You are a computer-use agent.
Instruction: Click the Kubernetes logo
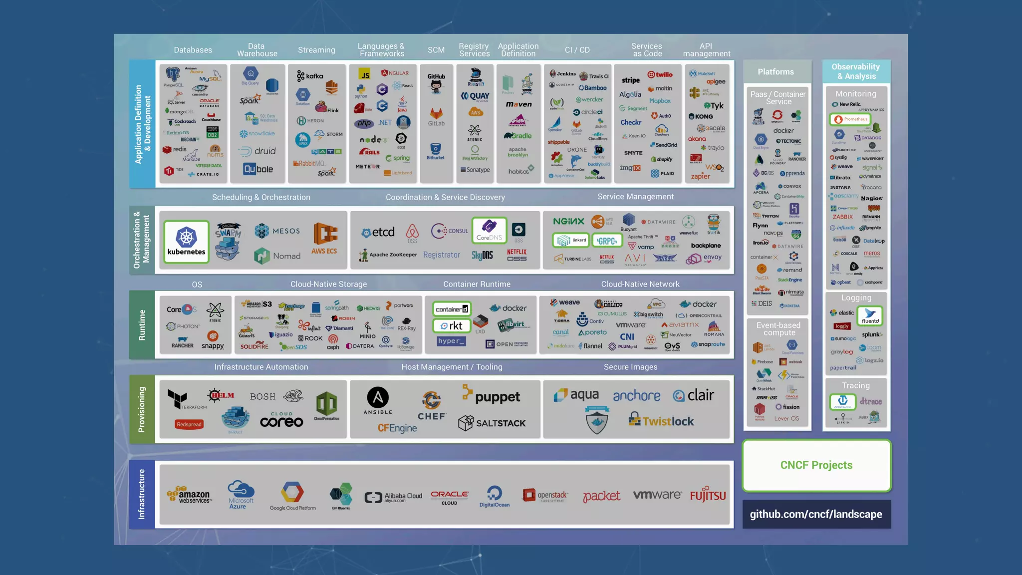(x=186, y=242)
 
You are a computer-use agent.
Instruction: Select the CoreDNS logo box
(x=489, y=230)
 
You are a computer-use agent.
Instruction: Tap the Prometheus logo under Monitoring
(x=850, y=119)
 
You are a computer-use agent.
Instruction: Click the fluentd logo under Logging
(x=870, y=316)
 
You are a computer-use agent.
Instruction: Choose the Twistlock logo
(x=661, y=420)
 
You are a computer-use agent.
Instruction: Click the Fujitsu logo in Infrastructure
(x=708, y=495)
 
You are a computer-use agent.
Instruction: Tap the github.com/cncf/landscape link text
(x=816, y=514)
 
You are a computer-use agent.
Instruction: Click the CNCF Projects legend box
(x=816, y=465)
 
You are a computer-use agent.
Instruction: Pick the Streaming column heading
(x=316, y=50)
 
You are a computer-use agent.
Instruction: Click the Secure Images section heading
(x=630, y=367)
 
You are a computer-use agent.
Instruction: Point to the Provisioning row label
(x=142, y=409)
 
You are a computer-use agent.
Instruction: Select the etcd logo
(x=378, y=232)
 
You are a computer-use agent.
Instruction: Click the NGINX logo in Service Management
(x=568, y=221)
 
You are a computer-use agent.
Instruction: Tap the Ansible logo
(x=378, y=401)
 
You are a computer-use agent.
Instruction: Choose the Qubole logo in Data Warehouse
(x=258, y=169)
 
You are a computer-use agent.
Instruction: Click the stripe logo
(x=630, y=80)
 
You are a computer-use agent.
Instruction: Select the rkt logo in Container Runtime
(x=452, y=326)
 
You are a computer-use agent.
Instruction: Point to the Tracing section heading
(x=856, y=385)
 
